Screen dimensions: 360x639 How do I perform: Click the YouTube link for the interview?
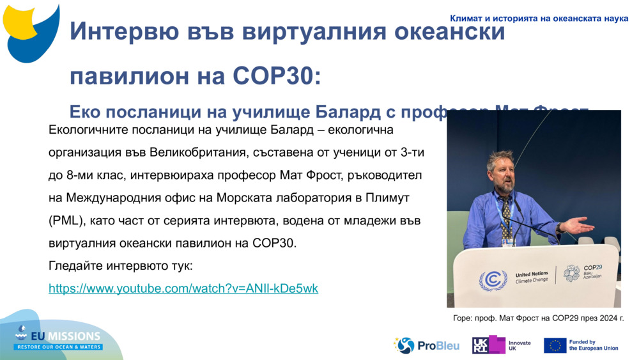pyautogui.click(x=183, y=288)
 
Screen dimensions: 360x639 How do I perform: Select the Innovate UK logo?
pyautogui.click(x=501, y=345)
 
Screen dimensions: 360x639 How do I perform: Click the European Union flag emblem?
pyautogui.click(x=555, y=345)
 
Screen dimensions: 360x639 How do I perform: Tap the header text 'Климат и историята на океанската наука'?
pyautogui.click(x=539, y=19)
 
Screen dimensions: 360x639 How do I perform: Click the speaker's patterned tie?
pyautogui.click(x=507, y=211)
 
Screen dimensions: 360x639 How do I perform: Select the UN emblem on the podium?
pyautogui.click(x=493, y=279)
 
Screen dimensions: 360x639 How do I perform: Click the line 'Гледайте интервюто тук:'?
pyautogui.click(x=120, y=265)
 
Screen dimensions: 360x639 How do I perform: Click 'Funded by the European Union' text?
pyautogui.click(x=594, y=345)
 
